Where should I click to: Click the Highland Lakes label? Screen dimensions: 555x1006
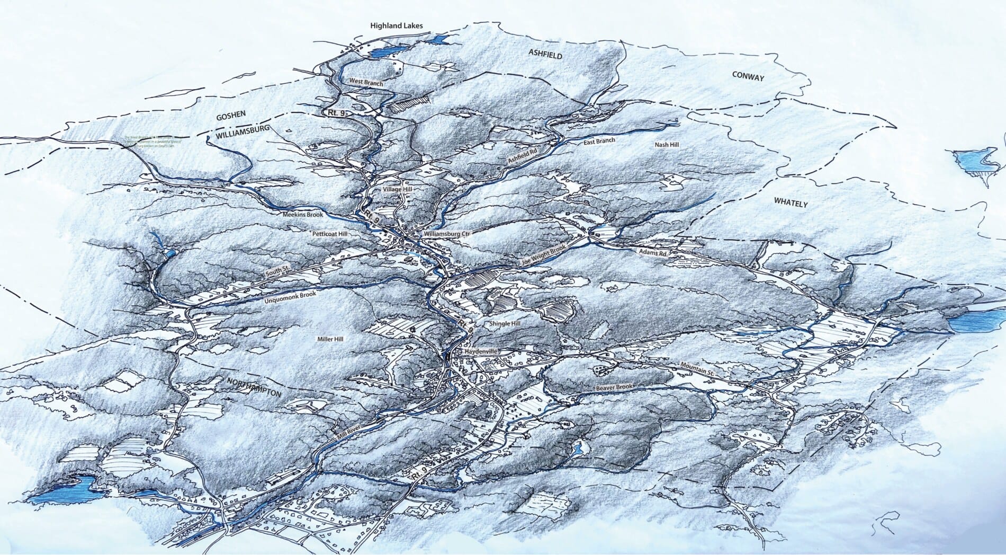397,25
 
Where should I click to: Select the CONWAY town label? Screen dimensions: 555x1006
748,77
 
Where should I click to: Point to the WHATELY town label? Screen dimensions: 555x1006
792,202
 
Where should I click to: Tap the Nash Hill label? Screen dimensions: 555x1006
667,145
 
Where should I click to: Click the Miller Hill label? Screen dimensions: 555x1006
330,339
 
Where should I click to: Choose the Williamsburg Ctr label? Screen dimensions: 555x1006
447,234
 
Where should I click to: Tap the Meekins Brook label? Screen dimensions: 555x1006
300,214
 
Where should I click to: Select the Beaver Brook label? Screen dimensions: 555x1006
614,388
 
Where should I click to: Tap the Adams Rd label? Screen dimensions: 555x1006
652,253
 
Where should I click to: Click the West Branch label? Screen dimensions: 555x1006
366,83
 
